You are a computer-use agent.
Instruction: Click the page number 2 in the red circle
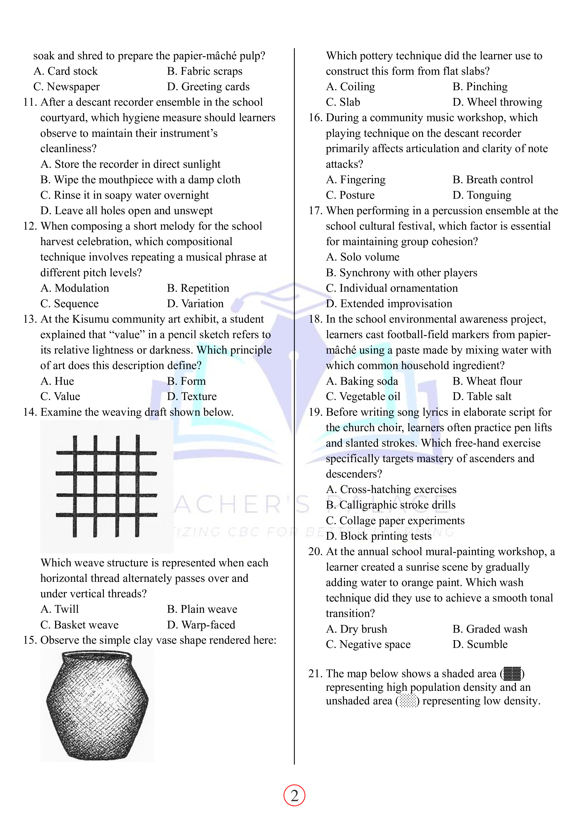[294, 796]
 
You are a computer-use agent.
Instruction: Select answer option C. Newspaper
[67, 87]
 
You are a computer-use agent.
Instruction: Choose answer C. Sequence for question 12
[69, 304]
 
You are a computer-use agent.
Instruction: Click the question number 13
[30, 319]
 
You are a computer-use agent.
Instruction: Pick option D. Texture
[192, 396]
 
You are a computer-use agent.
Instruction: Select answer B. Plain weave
[202, 609]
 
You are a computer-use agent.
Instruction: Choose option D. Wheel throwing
[497, 102]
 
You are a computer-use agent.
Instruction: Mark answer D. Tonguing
[482, 195]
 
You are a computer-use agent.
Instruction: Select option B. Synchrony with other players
[401, 273]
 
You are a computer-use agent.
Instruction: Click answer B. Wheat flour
[487, 381]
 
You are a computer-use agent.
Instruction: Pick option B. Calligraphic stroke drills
[391, 505]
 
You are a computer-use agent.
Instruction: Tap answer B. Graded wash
[490, 629]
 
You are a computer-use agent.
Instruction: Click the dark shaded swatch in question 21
[512, 673]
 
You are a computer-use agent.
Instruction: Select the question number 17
[316, 210]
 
